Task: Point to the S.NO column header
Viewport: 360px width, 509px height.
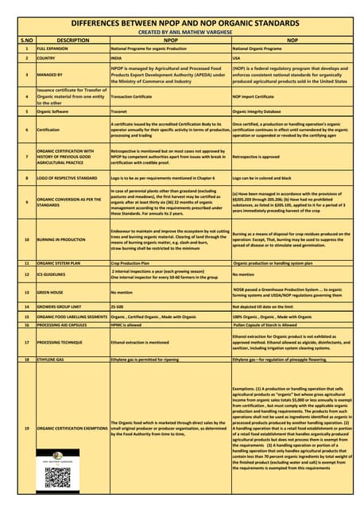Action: [x=26, y=38]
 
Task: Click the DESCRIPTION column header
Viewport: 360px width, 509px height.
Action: [x=73, y=38]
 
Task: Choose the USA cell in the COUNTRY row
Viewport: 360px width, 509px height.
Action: [x=237, y=58]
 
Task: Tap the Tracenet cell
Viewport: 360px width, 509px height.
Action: [x=122, y=111]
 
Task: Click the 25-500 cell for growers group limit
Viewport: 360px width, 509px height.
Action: [x=118, y=305]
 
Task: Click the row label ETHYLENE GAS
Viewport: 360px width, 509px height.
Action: [x=54, y=359]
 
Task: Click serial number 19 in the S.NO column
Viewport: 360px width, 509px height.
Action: [x=26, y=429]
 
